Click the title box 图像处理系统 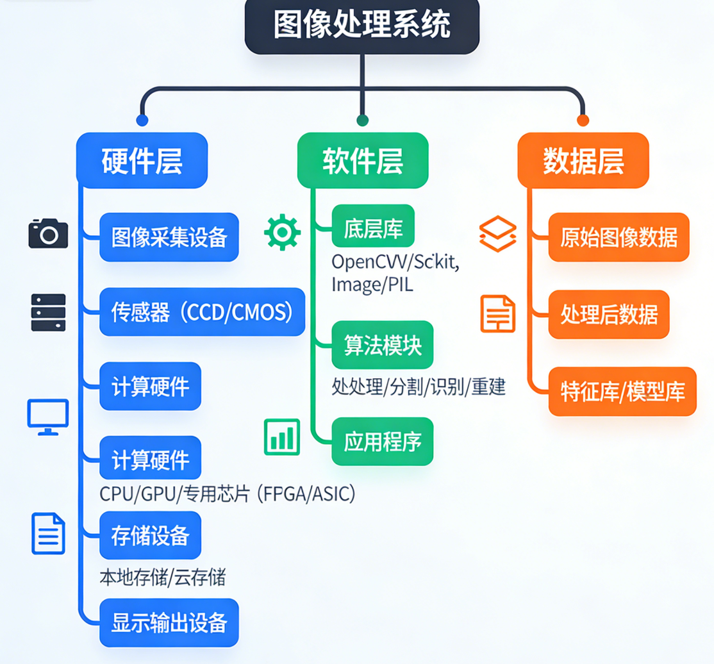point(362,26)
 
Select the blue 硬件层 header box point(142,160)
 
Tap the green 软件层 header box point(363,160)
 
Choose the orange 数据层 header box point(583,160)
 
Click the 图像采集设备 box point(169,238)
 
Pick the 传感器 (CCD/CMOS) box point(202,312)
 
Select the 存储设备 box point(150,535)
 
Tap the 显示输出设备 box point(169,622)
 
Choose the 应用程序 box point(383,442)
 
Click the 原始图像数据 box point(619,238)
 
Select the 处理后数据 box point(609,314)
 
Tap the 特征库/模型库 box point(622,392)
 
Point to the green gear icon point(282,233)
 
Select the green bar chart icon point(282,436)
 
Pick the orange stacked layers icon point(498,233)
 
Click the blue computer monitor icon point(48,417)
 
